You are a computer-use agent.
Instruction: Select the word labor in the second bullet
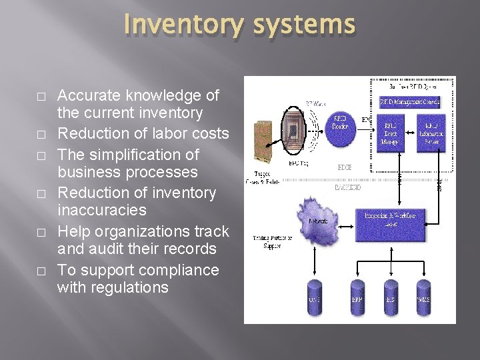click(x=163, y=133)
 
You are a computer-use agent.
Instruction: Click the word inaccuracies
click(x=101, y=210)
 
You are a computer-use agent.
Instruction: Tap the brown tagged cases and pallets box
click(x=263, y=143)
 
